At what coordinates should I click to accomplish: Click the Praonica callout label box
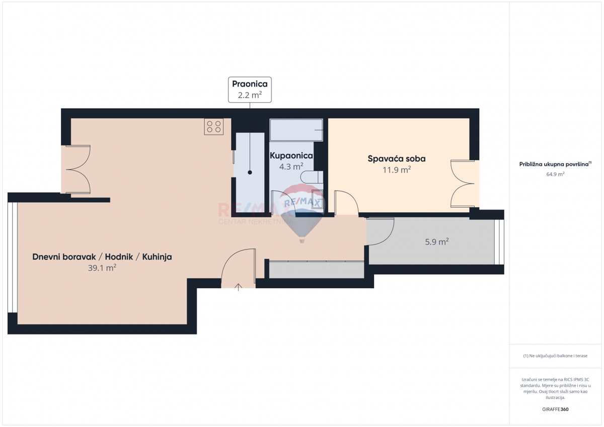pos(250,90)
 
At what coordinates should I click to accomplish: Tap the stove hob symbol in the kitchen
pos(214,126)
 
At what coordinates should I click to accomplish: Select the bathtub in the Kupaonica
pos(296,130)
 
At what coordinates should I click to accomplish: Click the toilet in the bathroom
pos(312,177)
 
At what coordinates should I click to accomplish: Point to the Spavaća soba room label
pos(397,159)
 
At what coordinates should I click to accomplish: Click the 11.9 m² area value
pos(397,170)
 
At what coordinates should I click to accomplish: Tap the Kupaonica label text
pos(291,156)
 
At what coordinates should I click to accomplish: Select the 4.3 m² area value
pos(291,166)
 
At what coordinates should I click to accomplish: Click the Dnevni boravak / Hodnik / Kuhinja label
pos(102,257)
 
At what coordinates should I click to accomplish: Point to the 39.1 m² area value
pos(102,268)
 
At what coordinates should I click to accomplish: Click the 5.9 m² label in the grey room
pos(436,242)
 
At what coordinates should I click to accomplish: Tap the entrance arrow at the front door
pos(239,287)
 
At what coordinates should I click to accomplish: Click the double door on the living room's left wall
pos(77,169)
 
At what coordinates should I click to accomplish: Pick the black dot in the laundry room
pos(250,173)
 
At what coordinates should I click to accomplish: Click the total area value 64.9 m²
pos(555,174)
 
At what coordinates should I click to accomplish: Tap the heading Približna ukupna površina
pos(555,164)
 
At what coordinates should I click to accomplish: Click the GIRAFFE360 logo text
pos(555,409)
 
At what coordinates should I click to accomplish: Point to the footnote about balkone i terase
pos(555,356)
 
